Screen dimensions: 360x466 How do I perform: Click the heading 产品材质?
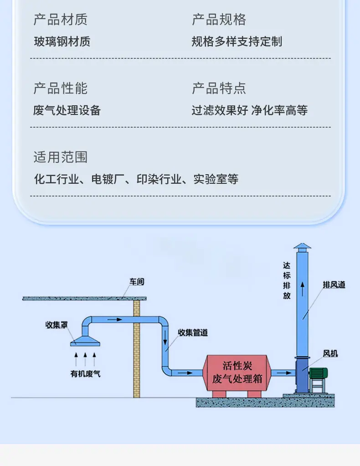tap(60, 20)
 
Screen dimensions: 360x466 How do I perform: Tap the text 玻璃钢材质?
tap(62, 41)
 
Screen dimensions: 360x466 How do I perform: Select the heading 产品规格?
tap(219, 20)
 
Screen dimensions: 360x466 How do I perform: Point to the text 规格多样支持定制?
tap(237, 41)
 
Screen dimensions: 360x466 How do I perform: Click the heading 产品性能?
tap(60, 88)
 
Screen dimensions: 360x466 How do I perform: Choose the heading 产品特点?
tap(219, 88)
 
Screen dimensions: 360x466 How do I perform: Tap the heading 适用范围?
tap(60, 157)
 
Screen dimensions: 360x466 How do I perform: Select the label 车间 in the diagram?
tap(137, 281)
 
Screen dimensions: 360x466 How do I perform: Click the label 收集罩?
tap(57, 325)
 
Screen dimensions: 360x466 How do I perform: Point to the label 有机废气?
tap(85, 373)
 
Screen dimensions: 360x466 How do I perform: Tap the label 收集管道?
tap(192, 332)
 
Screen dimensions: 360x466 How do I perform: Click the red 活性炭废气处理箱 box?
tap(237, 373)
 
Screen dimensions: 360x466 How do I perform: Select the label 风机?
tap(330, 353)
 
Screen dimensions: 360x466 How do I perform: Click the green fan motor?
tap(318, 373)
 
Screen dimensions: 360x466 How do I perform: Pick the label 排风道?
tap(334, 285)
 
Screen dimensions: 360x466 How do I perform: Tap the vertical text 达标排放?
tap(287, 280)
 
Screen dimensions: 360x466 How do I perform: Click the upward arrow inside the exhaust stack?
tap(303, 289)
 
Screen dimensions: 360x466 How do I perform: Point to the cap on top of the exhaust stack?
tap(302, 246)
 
